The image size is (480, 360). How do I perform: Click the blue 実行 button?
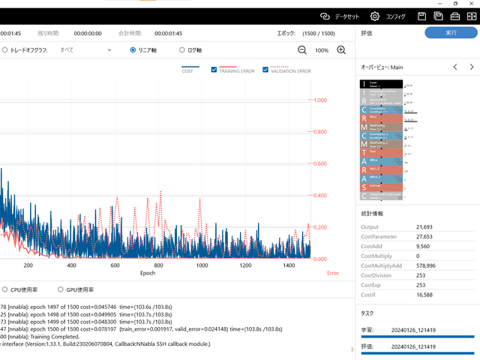point(450,33)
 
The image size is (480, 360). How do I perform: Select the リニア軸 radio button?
point(133,50)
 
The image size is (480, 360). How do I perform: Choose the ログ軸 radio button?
point(182,50)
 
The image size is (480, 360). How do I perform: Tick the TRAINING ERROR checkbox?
point(214,70)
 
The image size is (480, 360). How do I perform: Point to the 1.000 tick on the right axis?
point(320,100)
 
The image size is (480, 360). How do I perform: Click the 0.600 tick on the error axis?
point(320,163)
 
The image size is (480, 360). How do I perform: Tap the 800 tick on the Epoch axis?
point(158,265)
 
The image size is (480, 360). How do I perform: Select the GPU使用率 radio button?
point(61,289)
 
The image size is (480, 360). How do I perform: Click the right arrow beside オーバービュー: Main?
point(471,67)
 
